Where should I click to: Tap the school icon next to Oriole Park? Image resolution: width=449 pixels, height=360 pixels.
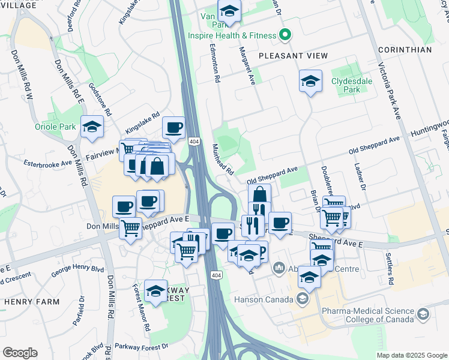(92, 127)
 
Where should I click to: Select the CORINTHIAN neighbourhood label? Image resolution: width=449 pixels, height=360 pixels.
(405, 50)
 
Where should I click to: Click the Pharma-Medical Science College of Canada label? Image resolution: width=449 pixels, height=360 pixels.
(368, 316)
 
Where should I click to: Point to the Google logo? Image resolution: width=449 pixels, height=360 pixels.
(19, 353)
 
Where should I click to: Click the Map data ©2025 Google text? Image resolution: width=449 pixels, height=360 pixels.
(411, 355)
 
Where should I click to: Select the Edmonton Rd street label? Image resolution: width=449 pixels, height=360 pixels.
(214, 62)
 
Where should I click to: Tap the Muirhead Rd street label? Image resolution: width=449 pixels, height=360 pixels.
(223, 160)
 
